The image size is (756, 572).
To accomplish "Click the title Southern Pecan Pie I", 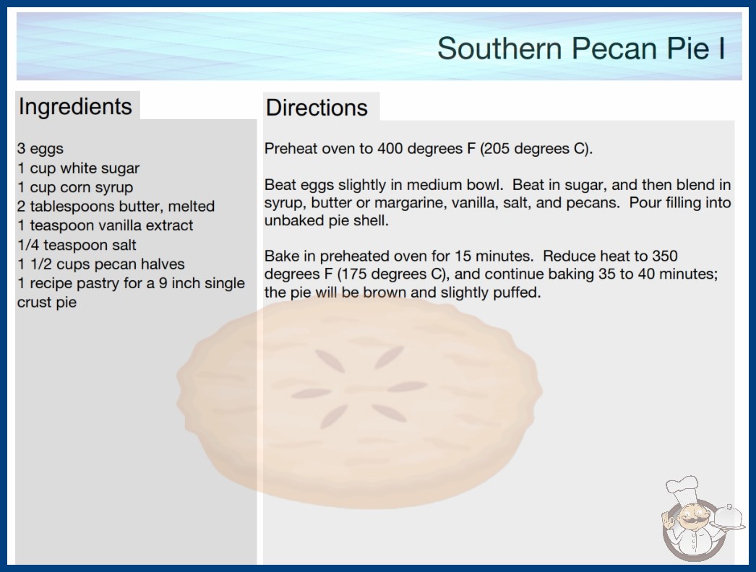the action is [x=581, y=48].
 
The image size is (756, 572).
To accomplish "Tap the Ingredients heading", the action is [x=75, y=107].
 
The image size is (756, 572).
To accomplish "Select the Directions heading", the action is [x=317, y=108].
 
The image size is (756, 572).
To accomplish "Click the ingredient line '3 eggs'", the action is [x=40, y=149].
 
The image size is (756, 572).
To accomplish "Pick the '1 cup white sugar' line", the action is [x=79, y=168].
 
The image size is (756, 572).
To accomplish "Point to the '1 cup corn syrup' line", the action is [x=75, y=188].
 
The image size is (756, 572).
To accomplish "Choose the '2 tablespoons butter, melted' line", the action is [x=116, y=207].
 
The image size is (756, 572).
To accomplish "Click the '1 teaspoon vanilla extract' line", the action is [x=105, y=225].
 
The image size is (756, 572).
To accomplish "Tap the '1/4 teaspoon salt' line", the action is [x=77, y=245].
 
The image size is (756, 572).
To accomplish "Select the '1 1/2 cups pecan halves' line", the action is [x=101, y=264].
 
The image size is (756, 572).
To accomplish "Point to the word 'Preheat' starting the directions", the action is [x=291, y=149].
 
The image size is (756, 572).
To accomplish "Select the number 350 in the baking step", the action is [x=665, y=256].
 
